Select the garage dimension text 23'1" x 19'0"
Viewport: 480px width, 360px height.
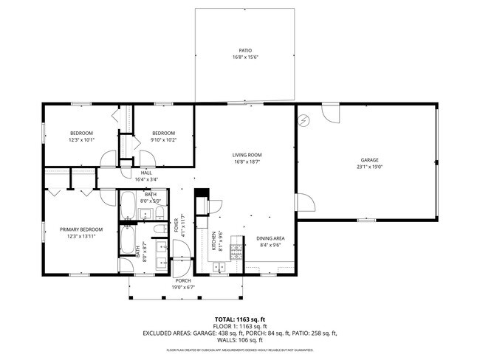click(369, 166)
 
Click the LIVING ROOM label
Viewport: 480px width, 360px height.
click(247, 155)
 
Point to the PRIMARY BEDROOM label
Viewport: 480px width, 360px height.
click(81, 229)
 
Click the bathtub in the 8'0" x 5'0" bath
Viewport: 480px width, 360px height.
click(128, 204)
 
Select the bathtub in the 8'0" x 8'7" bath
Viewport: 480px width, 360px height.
click(128, 238)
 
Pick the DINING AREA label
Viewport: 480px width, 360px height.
click(270, 238)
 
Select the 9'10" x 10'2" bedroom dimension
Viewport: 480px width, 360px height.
click(162, 139)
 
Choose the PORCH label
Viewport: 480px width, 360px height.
click(183, 280)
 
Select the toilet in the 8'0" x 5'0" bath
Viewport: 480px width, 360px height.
click(159, 214)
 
